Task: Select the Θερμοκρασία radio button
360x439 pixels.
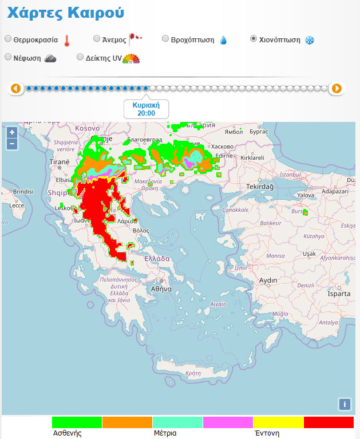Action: point(8,39)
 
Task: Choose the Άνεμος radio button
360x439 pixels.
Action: point(97,39)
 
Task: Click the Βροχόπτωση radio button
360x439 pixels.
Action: point(165,39)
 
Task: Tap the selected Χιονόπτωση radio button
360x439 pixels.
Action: point(254,39)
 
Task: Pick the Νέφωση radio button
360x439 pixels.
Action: point(8,57)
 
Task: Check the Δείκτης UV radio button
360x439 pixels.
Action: point(80,57)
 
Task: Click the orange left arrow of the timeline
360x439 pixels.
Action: point(15,88)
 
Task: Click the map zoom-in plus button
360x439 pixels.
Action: point(11,132)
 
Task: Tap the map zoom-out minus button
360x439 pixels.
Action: point(11,144)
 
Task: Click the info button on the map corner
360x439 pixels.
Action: point(344,404)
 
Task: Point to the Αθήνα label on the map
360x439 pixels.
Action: point(161,289)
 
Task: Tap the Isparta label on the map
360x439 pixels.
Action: point(338,294)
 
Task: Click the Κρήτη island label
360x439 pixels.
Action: point(193,373)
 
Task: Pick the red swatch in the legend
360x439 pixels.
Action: point(329,422)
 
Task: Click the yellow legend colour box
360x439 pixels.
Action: point(278,422)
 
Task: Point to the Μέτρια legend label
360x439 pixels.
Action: point(165,433)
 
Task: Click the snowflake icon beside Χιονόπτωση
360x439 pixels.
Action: point(310,40)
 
